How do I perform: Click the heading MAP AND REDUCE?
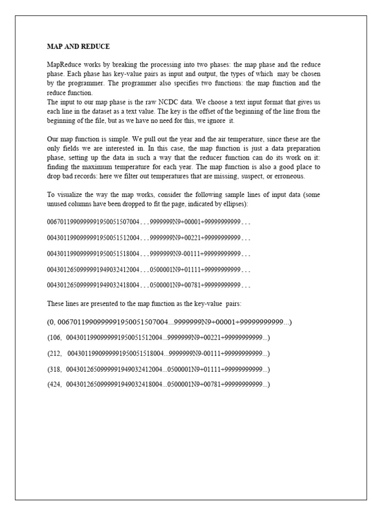(78, 47)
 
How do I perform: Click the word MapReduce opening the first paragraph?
(63, 65)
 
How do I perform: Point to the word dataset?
(109, 111)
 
